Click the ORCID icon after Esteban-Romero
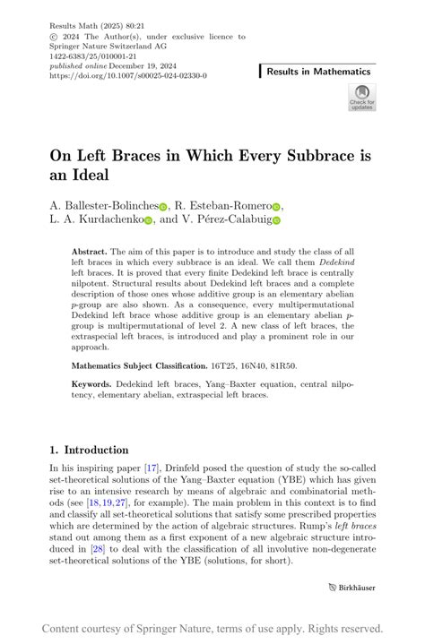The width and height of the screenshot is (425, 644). coord(277,206)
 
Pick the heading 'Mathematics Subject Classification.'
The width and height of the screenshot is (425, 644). coord(139,366)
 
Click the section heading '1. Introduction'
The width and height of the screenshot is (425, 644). coord(88,450)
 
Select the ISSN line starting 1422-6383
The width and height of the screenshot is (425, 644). coord(100,56)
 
